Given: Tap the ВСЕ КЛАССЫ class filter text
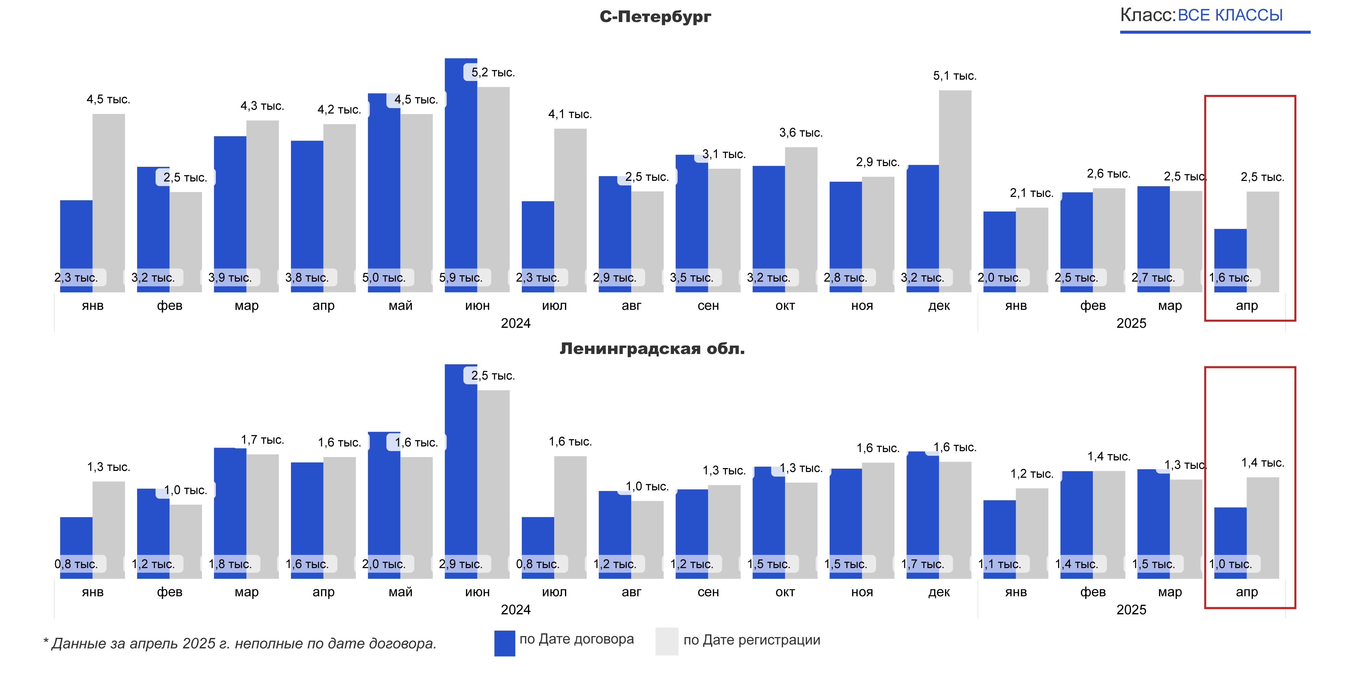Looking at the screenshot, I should coord(1230,15).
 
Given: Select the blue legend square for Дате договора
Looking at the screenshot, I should coord(504,643).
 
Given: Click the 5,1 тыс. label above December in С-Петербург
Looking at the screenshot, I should coord(954,76).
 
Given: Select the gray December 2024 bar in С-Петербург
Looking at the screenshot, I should coord(955,188).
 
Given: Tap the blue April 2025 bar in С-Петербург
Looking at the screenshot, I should coord(1230,250).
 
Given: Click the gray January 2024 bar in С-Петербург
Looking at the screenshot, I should coord(109,198).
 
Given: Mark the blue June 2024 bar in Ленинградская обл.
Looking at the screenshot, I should coord(461,464).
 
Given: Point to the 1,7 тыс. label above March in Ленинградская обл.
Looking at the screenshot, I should coord(262,440).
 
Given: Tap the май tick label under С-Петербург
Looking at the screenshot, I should coord(401,306).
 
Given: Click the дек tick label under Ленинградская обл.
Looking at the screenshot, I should coord(939,592).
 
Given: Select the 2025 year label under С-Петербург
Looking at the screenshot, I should coord(1131,324).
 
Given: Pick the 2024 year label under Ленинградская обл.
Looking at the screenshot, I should coord(515,610).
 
